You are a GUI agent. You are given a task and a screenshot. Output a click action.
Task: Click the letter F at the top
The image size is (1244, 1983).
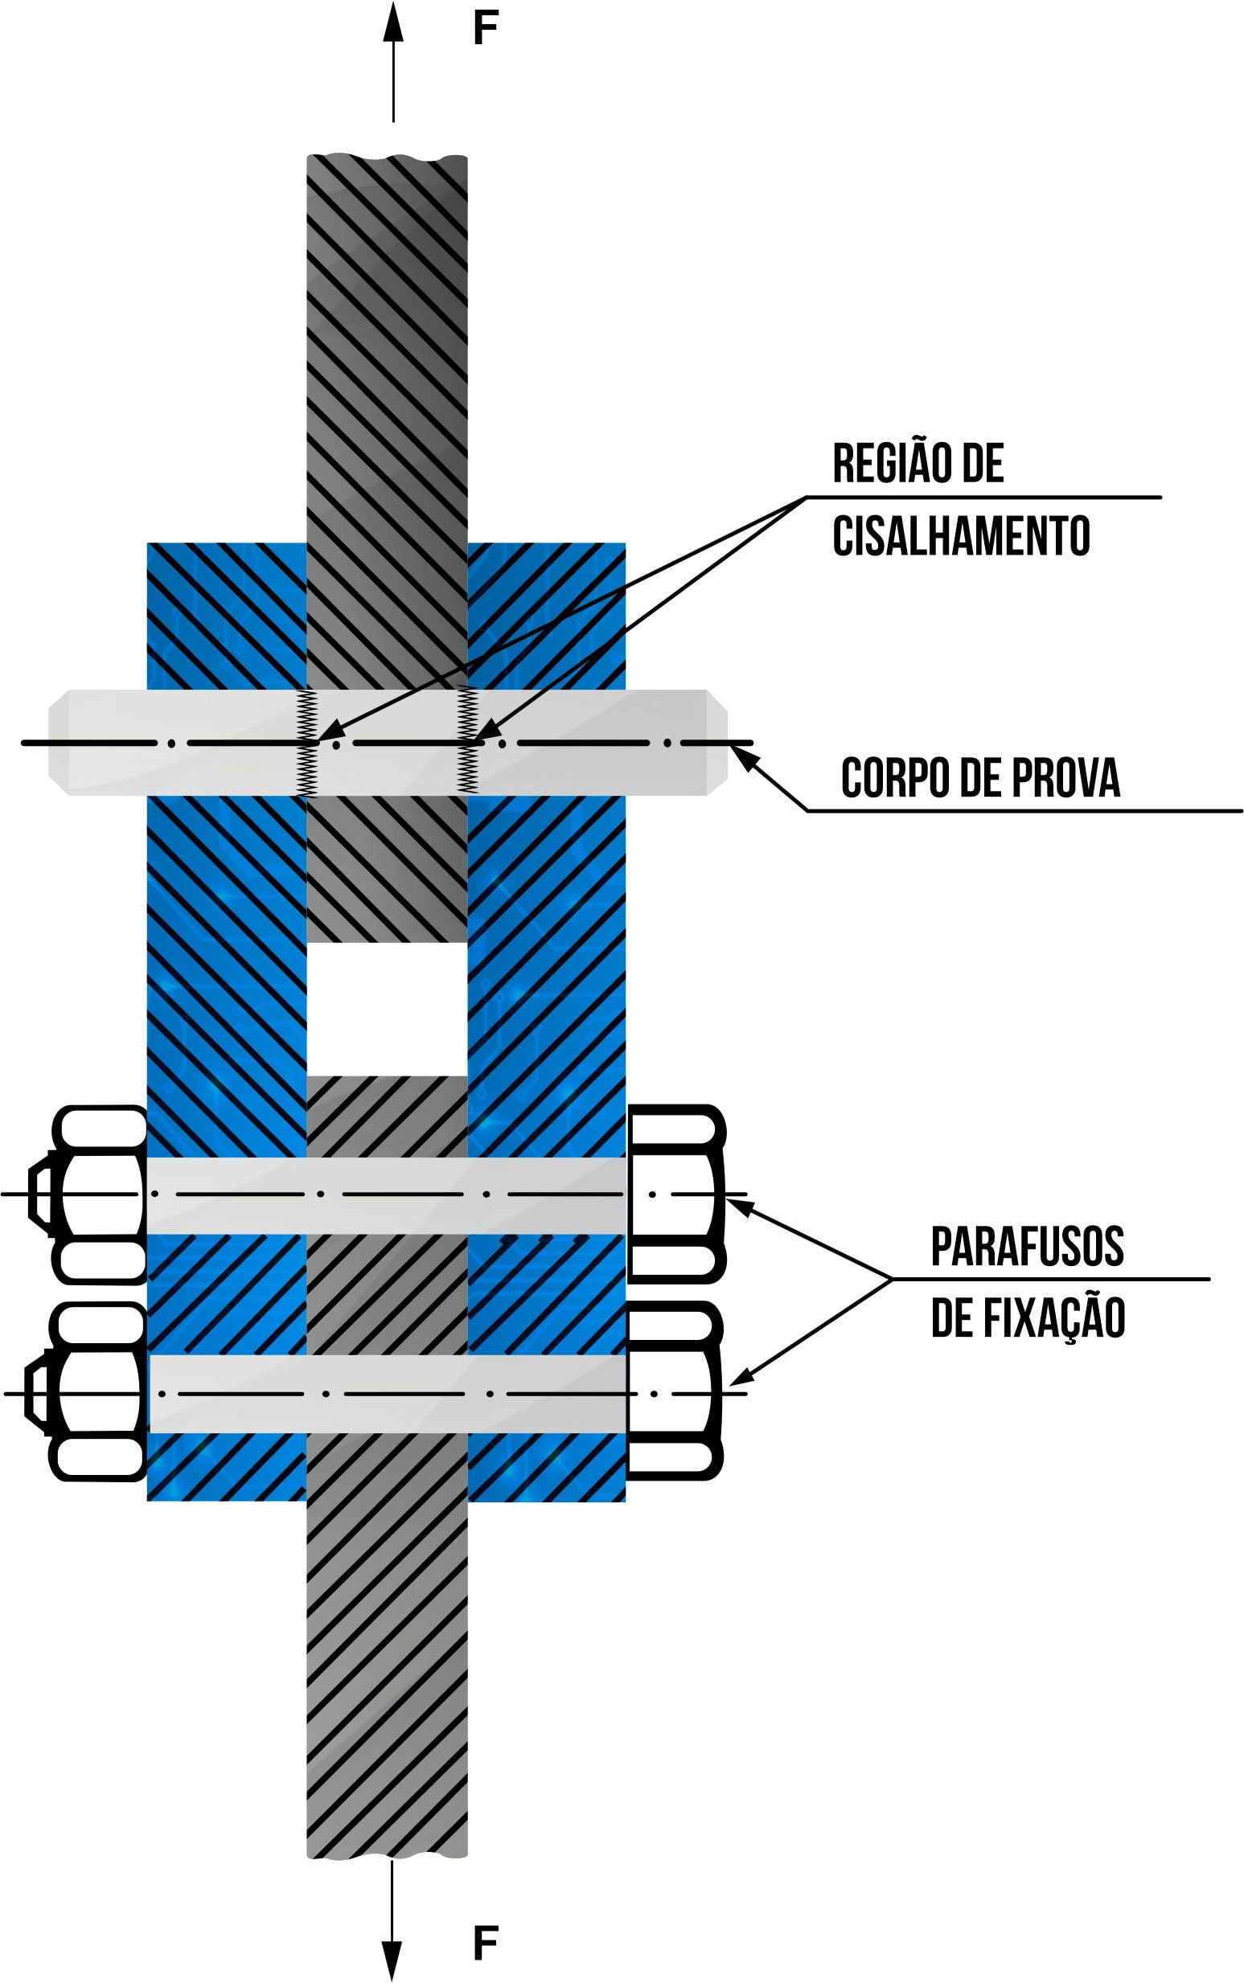point(486,30)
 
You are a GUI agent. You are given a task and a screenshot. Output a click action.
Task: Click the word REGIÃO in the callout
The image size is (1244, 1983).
point(889,464)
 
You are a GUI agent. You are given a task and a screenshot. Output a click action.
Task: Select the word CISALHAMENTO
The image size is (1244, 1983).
point(961,536)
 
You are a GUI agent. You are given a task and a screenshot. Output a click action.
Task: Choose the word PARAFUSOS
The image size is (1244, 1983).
point(1027,1246)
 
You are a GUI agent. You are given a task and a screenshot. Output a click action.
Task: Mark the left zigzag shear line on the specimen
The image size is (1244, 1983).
point(307,743)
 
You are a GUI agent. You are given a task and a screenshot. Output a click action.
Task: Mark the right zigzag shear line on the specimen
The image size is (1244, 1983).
point(467,743)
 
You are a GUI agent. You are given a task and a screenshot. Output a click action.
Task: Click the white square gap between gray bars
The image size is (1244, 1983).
point(387,1008)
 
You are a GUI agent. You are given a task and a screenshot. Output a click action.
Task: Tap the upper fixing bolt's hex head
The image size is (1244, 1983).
point(675,1194)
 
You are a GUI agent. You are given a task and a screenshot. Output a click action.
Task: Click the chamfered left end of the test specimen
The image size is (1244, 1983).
point(59,743)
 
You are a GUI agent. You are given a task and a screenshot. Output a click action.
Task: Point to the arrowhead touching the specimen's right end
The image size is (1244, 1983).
point(741,756)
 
